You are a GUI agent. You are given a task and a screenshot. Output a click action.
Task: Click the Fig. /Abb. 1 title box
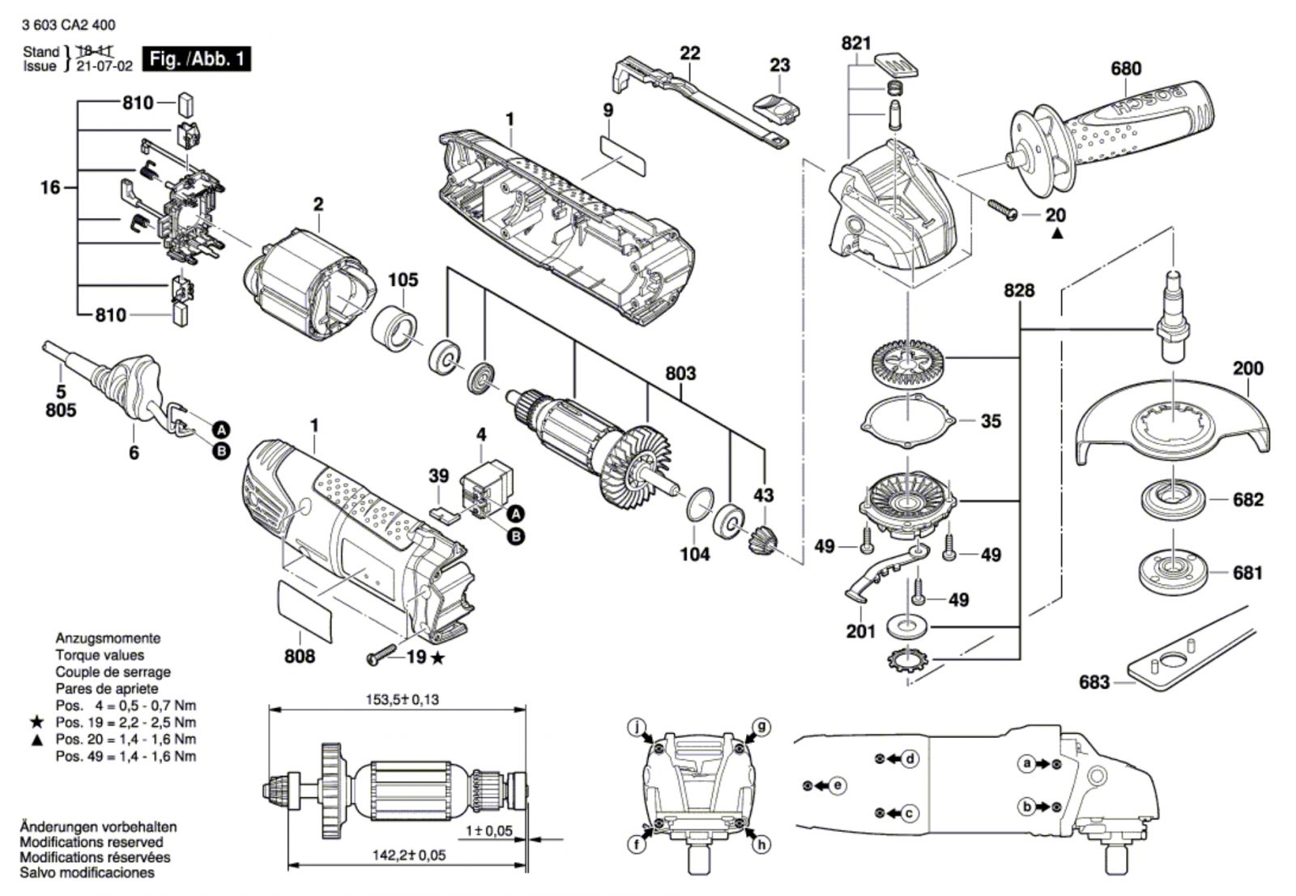point(195,59)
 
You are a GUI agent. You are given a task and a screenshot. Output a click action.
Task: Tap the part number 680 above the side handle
point(1125,69)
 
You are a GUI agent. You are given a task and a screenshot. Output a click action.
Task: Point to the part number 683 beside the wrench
point(1093,682)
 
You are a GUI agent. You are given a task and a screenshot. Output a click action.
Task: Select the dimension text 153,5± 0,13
point(399,699)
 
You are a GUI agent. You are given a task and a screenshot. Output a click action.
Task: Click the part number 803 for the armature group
point(680,373)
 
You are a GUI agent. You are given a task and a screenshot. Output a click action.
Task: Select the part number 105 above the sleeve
point(403,280)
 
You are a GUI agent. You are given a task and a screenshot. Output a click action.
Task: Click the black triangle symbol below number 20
point(1056,235)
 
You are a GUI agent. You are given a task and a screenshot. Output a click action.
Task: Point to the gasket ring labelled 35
point(909,420)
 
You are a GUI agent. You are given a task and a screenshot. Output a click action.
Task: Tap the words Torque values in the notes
point(100,655)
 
